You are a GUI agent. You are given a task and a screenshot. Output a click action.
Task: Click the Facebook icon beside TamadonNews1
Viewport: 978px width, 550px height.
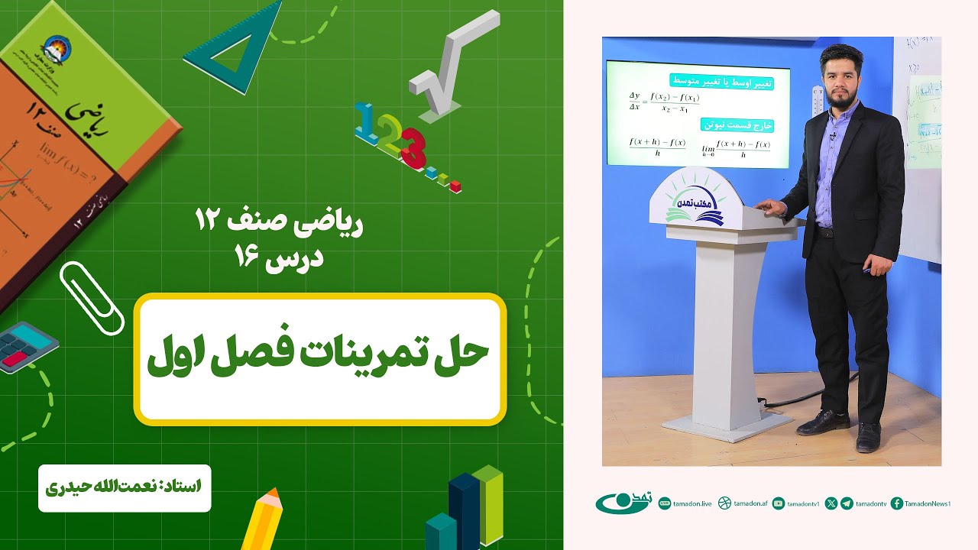click(897, 503)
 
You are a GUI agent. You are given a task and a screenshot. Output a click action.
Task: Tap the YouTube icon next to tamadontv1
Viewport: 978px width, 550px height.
click(779, 503)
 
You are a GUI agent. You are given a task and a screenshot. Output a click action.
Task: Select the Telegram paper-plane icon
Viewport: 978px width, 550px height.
click(847, 503)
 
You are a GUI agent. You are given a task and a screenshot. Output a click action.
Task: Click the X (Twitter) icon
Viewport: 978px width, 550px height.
click(831, 503)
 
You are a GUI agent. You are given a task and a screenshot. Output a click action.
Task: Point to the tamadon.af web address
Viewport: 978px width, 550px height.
click(750, 503)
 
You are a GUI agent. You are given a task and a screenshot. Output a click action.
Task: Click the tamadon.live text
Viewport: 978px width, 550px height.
click(695, 503)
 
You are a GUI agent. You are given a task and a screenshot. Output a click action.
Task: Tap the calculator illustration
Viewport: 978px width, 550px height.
click(27, 346)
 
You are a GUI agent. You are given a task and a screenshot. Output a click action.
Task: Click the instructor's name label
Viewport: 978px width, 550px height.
click(124, 486)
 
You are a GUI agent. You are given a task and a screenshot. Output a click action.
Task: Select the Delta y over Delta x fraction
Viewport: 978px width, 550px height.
click(635, 101)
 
